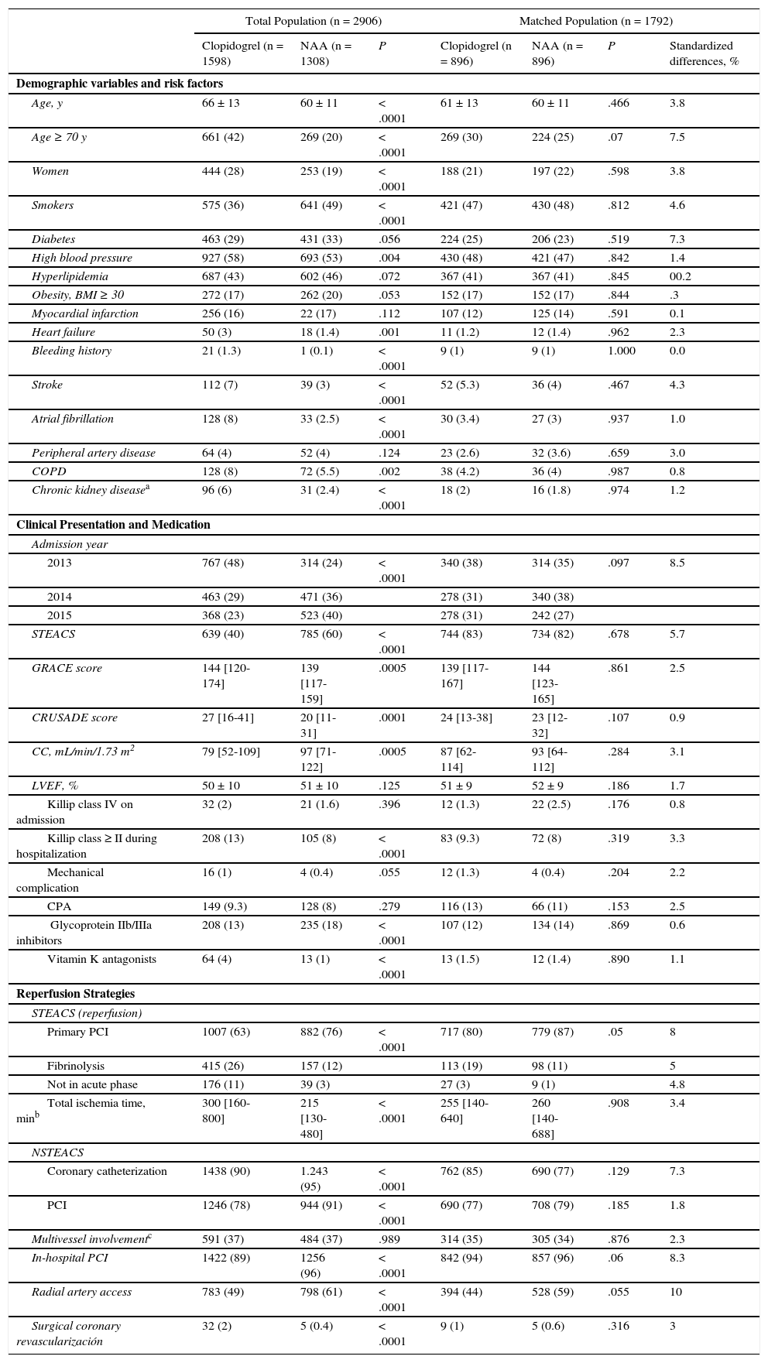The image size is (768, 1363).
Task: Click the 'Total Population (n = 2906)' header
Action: click(313, 21)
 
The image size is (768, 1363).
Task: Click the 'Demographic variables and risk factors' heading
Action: click(119, 84)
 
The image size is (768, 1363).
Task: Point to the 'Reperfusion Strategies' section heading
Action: click(76, 994)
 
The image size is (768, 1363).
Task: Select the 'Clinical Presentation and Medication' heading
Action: click(113, 525)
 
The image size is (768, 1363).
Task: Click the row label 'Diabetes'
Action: click(53, 239)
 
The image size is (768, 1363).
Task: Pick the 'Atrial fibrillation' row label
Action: click(73, 419)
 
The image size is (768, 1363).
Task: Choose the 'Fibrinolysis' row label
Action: click(76, 1066)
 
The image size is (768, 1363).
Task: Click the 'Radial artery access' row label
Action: click(81, 1292)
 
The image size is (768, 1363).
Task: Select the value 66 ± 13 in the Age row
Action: click(221, 103)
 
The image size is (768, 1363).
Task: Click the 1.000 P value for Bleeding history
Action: click(624, 351)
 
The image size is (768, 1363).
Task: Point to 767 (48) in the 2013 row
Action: click(223, 563)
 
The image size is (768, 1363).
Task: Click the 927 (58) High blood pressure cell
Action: click(223, 258)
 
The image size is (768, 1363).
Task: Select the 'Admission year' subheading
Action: click(70, 544)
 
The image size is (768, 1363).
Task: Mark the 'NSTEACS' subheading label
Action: click(57, 1152)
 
